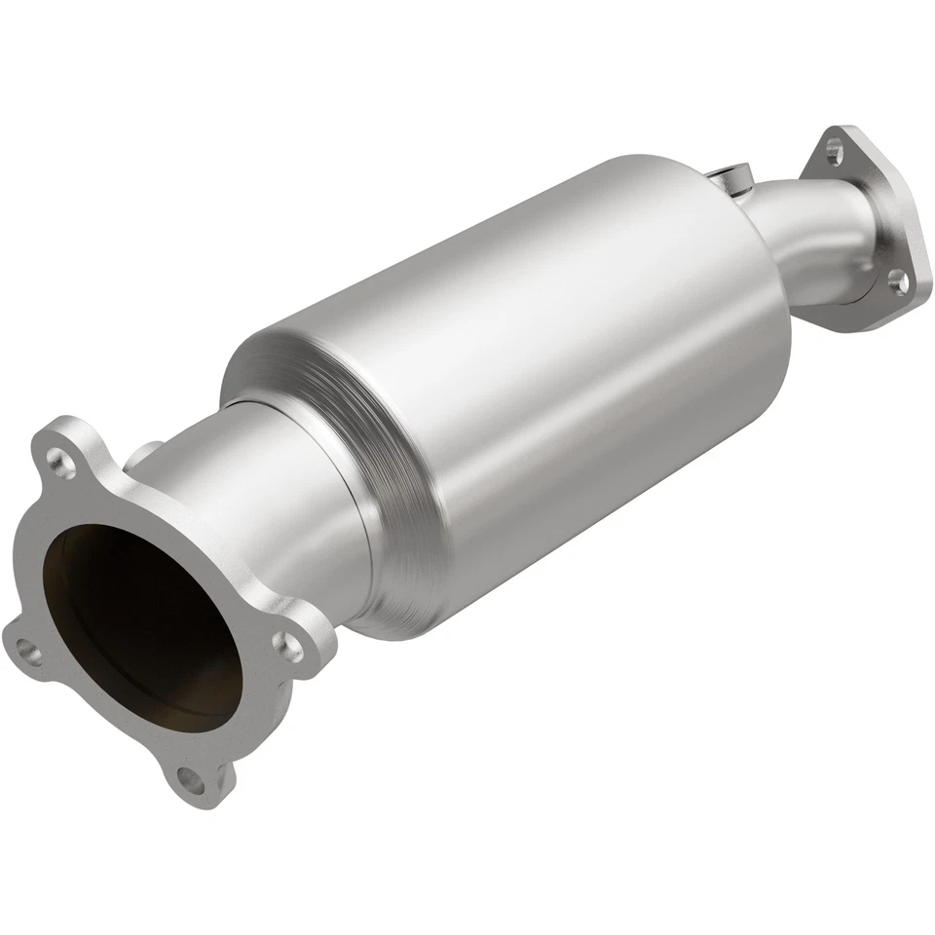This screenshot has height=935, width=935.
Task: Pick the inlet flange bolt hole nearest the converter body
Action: coord(286,644)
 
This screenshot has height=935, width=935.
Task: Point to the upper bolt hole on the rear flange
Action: coord(833,150)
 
